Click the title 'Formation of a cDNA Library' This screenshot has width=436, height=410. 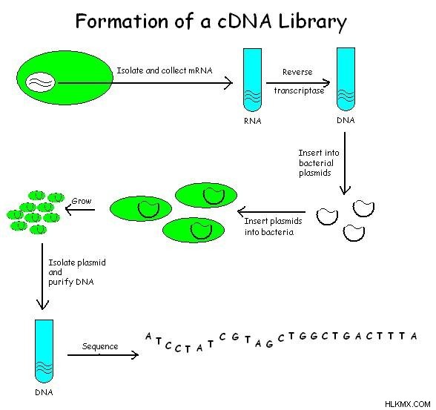(211, 22)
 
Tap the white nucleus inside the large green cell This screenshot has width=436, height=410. (40, 82)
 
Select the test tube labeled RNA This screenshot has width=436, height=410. (252, 80)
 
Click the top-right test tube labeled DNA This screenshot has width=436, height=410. (346, 79)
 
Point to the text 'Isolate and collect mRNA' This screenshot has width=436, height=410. (165, 70)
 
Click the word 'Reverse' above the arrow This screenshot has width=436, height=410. (297, 72)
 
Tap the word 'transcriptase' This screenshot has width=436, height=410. (300, 90)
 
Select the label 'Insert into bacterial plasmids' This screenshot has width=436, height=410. (319, 163)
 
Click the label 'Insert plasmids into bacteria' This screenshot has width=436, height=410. (273, 227)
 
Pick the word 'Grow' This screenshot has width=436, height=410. (82, 201)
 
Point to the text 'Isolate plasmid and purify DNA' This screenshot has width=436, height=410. (77, 272)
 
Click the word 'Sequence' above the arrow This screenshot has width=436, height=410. (100, 346)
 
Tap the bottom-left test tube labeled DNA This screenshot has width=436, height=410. (44, 351)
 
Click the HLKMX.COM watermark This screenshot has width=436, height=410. (408, 404)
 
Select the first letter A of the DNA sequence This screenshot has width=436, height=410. (148, 337)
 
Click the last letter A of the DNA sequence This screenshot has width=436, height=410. (414, 336)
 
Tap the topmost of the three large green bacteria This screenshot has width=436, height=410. (206, 196)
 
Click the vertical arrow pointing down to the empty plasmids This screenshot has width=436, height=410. (345, 163)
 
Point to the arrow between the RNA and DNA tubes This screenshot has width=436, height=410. (298, 82)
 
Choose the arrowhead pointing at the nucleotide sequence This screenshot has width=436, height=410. (136, 355)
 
